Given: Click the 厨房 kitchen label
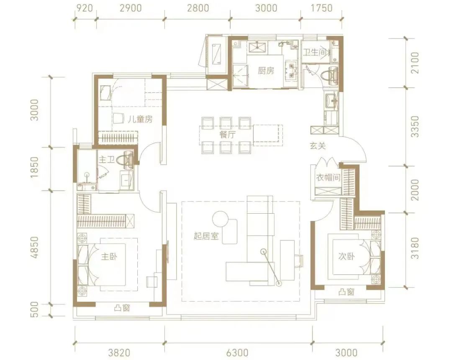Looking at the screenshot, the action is (x=265, y=71).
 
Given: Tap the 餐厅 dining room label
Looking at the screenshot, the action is (x=227, y=134).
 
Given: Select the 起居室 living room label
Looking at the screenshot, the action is (x=206, y=236).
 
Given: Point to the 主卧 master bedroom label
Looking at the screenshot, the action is (x=109, y=256).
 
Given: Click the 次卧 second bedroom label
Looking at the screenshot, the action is (x=347, y=256).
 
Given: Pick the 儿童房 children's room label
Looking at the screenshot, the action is (x=140, y=119).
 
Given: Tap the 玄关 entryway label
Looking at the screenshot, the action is (x=318, y=146).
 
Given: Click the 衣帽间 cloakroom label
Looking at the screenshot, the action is (x=328, y=177).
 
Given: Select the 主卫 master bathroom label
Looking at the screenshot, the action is (x=107, y=159).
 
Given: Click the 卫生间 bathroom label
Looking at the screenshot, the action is (x=315, y=52).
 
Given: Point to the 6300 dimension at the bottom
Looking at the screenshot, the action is (x=238, y=352).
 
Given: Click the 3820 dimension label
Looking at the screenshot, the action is (x=119, y=352).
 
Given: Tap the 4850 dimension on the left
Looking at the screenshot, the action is (x=34, y=248).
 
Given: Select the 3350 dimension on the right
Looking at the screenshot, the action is (x=415, y=127).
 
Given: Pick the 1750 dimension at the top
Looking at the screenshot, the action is (x=321, y=8).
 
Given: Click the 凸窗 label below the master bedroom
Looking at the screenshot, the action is (x=122, y=308).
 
